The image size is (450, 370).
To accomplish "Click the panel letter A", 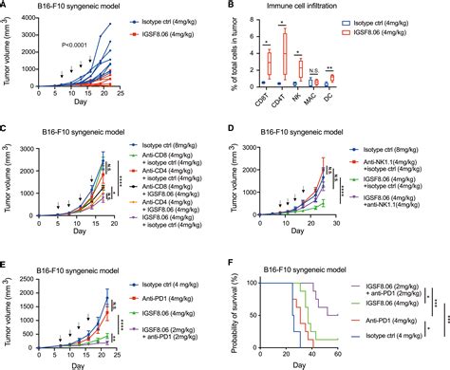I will click(x=7, y=8).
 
